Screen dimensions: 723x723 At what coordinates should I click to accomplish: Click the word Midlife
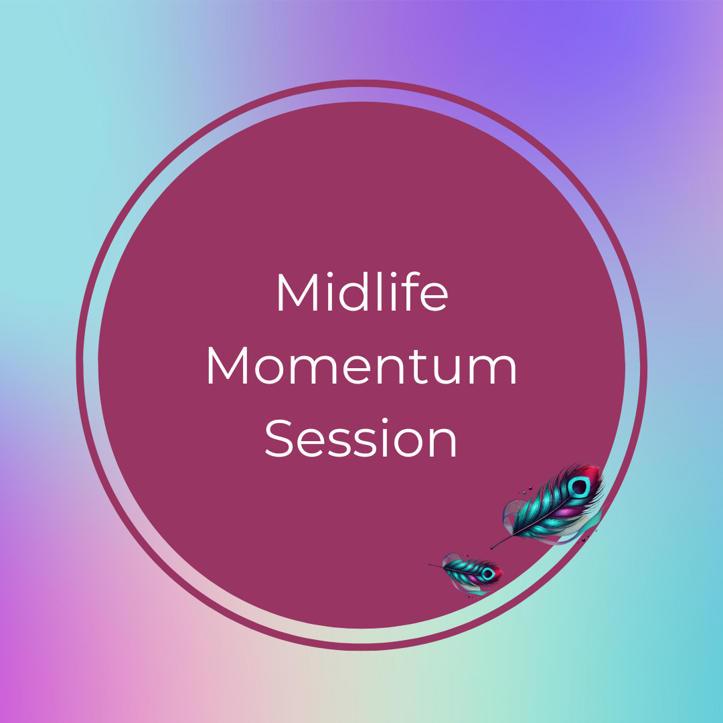362,291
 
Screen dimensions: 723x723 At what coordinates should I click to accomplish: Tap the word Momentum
361,366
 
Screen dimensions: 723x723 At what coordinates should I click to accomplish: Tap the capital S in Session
279,439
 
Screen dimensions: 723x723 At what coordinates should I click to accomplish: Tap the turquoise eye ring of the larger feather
578,487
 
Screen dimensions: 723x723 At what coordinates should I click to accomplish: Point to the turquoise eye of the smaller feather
488,574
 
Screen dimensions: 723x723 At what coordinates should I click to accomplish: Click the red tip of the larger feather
594,473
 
